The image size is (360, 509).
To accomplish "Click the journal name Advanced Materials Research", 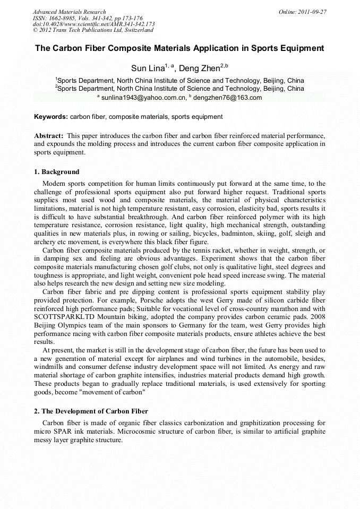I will [69, 12].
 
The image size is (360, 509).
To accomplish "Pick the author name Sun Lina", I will [147, 68].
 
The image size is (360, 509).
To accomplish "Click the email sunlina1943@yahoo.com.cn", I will [144, 98].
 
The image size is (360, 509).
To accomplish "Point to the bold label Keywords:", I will [51, 117].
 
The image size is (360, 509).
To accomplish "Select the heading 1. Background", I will [57, 172].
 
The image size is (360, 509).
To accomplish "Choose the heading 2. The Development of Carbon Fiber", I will [91, 411].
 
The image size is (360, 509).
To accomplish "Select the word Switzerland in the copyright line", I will [135, 31].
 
